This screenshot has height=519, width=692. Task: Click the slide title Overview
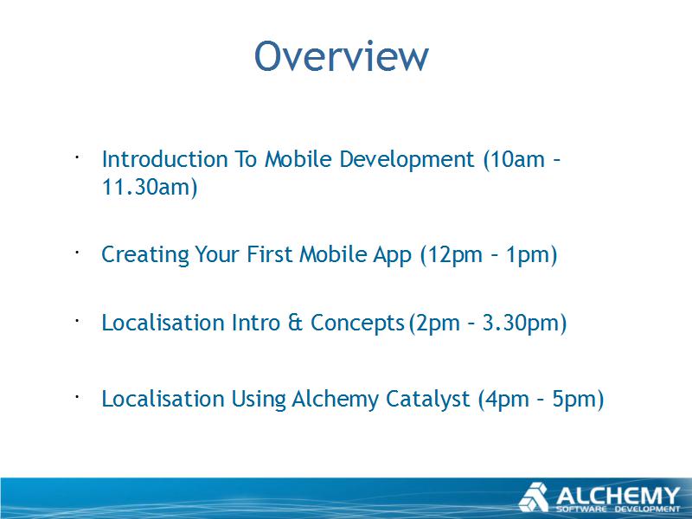click(341, 56)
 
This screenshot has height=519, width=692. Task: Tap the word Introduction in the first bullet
click(164, 159)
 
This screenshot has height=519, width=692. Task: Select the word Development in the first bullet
click(407, 160)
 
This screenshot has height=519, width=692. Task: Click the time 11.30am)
click(149, 187)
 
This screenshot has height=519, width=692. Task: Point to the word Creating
click(145, 255)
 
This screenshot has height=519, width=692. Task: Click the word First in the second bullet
click(269, 254)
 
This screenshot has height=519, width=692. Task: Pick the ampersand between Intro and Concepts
click(295, 322)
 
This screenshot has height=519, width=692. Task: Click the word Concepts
click(357, 324)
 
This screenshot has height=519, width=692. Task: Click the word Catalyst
click(427, 400)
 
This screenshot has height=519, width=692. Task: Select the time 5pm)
click(578, 400)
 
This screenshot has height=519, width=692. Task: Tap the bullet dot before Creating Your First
click(76, 253)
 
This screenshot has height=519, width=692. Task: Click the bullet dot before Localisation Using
click(76, 397)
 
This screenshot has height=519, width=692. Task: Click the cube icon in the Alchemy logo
click(534, 497)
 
